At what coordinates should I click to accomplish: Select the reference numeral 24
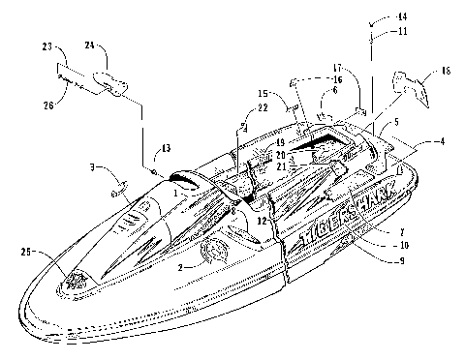(x=89, y=45)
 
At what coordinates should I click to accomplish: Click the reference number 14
(x=376, y=17)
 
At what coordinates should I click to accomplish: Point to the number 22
(x=235, y=135)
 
